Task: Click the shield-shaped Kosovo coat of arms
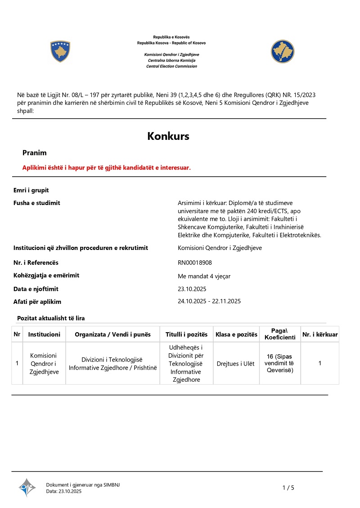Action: pyautogui.click(x=60, y=51)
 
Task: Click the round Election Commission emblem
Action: pyautogui.click(x=282, y=51)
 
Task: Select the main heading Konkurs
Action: pyautogui.click(x=168, y=136)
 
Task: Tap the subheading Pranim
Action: pyautogui.click(x=35, y=153)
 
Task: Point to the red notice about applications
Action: pyautogui.click(x=107, y=168)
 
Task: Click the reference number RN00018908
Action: pyautogui.click(x=195, y=263)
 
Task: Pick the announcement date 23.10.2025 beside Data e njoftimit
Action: pyautogui.click(x=192, y=289)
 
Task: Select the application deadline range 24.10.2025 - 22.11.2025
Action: pyautogui.click(x=209, y=301)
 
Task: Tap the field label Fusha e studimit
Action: pyautogui.click(x=37, y=203)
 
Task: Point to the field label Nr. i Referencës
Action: pyautogui.click(x=36, y=263)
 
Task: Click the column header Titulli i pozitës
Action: pyautogui.click(x=186, y=334)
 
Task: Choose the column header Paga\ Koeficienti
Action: pyautogui.click(x=280, y=334)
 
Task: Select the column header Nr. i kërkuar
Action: pyautogui.click(x=320, y=334)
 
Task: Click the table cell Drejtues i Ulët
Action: pyautogui.click(x=235, y=363)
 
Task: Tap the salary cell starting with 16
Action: pyautogui.click(x=279, y=363)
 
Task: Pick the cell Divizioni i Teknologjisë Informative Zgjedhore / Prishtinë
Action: pyautogui.click(x=112, y=363)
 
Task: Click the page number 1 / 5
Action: pyautogui.click(x=288, y=488)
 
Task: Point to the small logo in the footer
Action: pyautogui.click(x=27, y=487)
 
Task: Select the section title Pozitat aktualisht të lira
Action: pyautogui.click(x=51, y=318)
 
